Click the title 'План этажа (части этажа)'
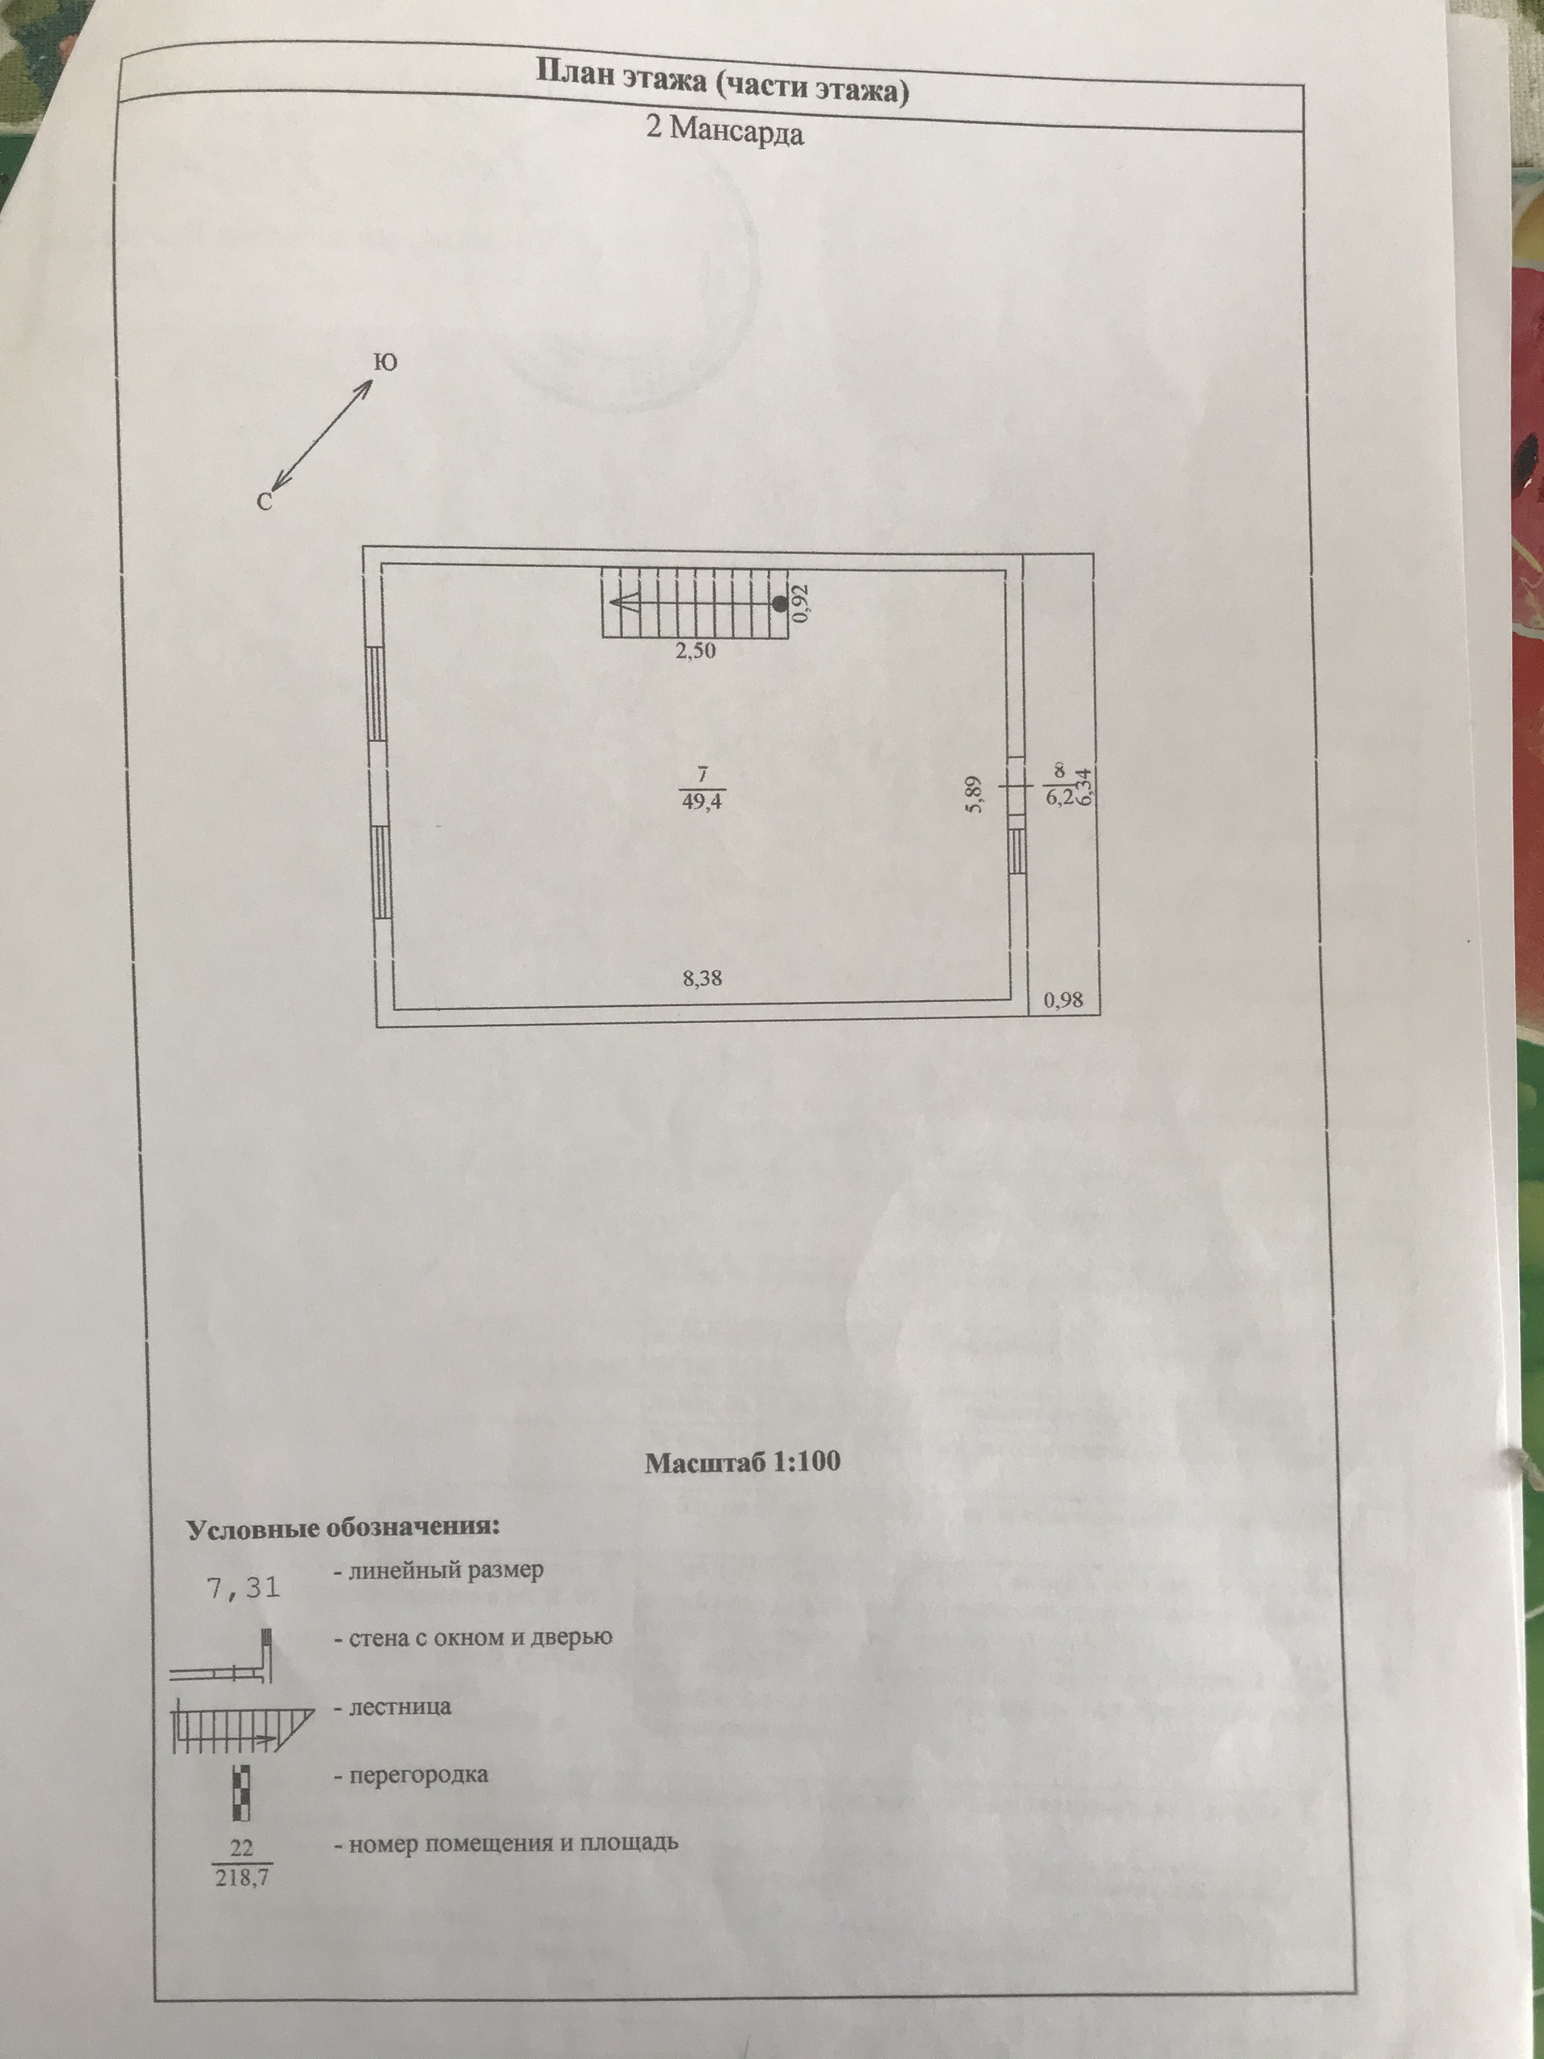[721, 83]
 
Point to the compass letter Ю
[385, 362]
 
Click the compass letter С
[265, 503]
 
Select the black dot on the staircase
[780, 603]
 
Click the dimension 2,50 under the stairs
[696, 651]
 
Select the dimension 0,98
[1064, 1001]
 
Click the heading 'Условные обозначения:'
[343, 1528]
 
